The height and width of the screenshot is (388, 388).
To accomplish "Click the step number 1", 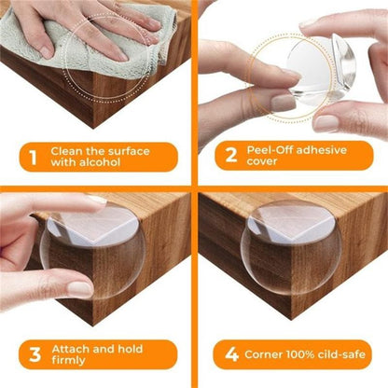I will (33, 157).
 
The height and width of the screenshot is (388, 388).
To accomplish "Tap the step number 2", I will (229, 156).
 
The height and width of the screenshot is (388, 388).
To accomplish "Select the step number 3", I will (33, 353).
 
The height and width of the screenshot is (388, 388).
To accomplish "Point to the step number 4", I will (229, 353).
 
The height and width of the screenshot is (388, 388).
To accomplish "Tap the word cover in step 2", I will (266, 163).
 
